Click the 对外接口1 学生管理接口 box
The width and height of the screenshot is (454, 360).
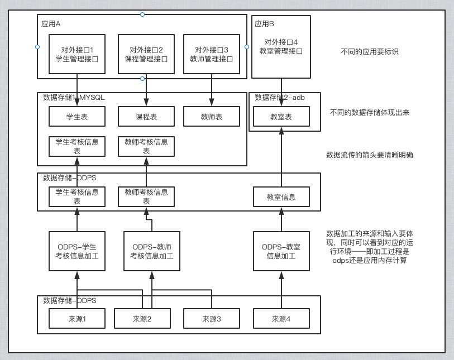pyautogui.click(x=77, y=54)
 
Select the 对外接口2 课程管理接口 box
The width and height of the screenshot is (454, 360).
pyautogui.click(x=146, y=54)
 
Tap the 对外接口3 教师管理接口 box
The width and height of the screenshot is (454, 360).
pyautogui.click(x=212, y=54)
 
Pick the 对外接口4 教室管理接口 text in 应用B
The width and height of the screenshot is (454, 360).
pyautogui.click(x=281, y=46)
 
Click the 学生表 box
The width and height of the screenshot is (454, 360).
pyautogui.click(x=77, y=117)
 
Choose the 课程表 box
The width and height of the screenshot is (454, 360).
pyautogui.click(x=146, y=117)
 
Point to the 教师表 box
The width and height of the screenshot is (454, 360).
pyautogui.click(x=212, y=117)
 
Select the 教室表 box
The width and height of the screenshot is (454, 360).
pyautogui.click(x=281, y=117)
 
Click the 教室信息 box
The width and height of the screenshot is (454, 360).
pyautogui.click(x=281, y=197)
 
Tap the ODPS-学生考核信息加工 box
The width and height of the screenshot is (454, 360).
pyautogui.click(x=77, y=251)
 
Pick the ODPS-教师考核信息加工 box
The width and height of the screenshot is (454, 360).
pyautogui.click(x=151, y=251)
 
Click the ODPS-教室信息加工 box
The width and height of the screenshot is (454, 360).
pyautogui.click(x=281, y=251)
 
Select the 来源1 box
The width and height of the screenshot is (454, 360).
pyautogui.click(x=77, y=319)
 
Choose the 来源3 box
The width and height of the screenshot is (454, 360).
pyautogui.click(x=212, y=319)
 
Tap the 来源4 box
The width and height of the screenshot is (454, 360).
pyautogui.click(x=281, y=319)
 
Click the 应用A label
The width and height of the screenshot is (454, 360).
pyautogui.click(x=51, y=24)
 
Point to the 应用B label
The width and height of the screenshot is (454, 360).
pyautogui.click(x=264, y=24)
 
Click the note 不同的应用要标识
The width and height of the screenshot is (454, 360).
pyautogui.click(x=369, y=52)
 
